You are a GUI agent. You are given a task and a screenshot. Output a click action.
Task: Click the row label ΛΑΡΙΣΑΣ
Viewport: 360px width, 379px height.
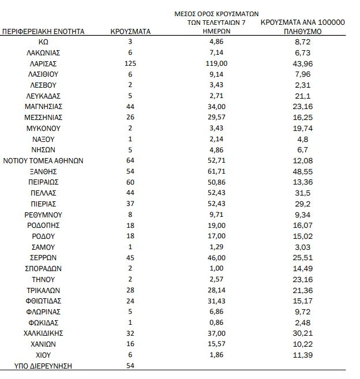(43, 63)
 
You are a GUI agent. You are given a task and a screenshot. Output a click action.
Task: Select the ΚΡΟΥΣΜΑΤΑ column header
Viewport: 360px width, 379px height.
(130, 32)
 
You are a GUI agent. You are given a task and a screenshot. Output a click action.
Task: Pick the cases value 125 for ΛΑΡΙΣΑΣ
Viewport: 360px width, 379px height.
(130, 63)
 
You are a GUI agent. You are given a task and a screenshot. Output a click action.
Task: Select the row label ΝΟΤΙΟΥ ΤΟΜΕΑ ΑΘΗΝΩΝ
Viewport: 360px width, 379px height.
(43, 160)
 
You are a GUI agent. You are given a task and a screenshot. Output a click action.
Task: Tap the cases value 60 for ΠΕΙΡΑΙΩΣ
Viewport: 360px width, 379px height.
(130, 182)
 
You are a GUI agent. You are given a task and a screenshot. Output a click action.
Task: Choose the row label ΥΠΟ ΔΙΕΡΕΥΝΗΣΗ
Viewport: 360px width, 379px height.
(43, 366)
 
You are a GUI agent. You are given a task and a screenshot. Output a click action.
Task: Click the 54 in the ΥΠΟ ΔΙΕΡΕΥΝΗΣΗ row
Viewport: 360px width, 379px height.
(130, 366)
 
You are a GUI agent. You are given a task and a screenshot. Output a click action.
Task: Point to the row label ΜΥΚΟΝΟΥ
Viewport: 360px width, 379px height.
(43, 128)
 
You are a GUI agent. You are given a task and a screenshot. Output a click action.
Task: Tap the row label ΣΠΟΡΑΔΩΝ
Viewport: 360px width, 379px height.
(43, 268)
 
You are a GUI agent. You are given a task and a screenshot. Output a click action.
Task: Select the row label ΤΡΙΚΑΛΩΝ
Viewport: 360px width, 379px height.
(43, 290)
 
